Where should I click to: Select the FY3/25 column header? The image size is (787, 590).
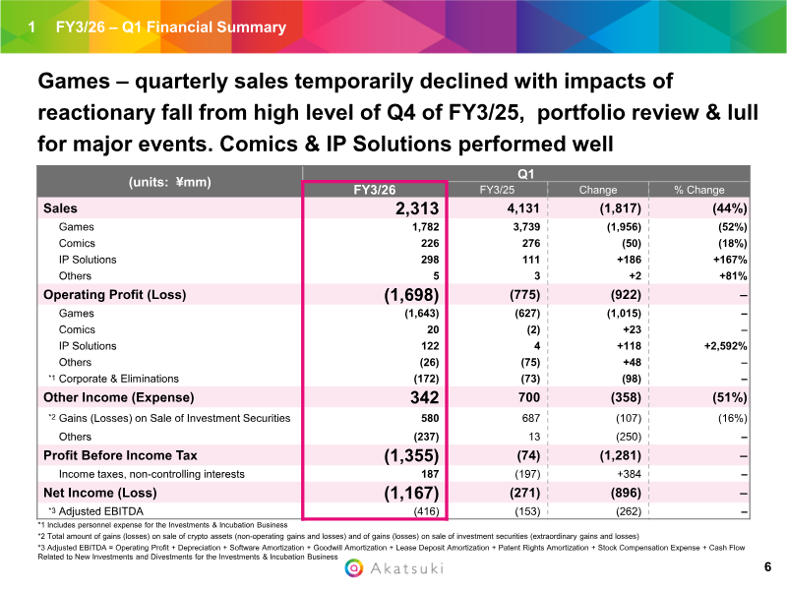500,190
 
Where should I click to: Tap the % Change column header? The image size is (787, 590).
698,190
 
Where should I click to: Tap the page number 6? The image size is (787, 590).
767,567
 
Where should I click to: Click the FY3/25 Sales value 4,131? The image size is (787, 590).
514,208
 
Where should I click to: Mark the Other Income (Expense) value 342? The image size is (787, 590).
423,397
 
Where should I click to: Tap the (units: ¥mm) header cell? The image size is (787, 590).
169,181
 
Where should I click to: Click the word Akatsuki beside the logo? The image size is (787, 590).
405,568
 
